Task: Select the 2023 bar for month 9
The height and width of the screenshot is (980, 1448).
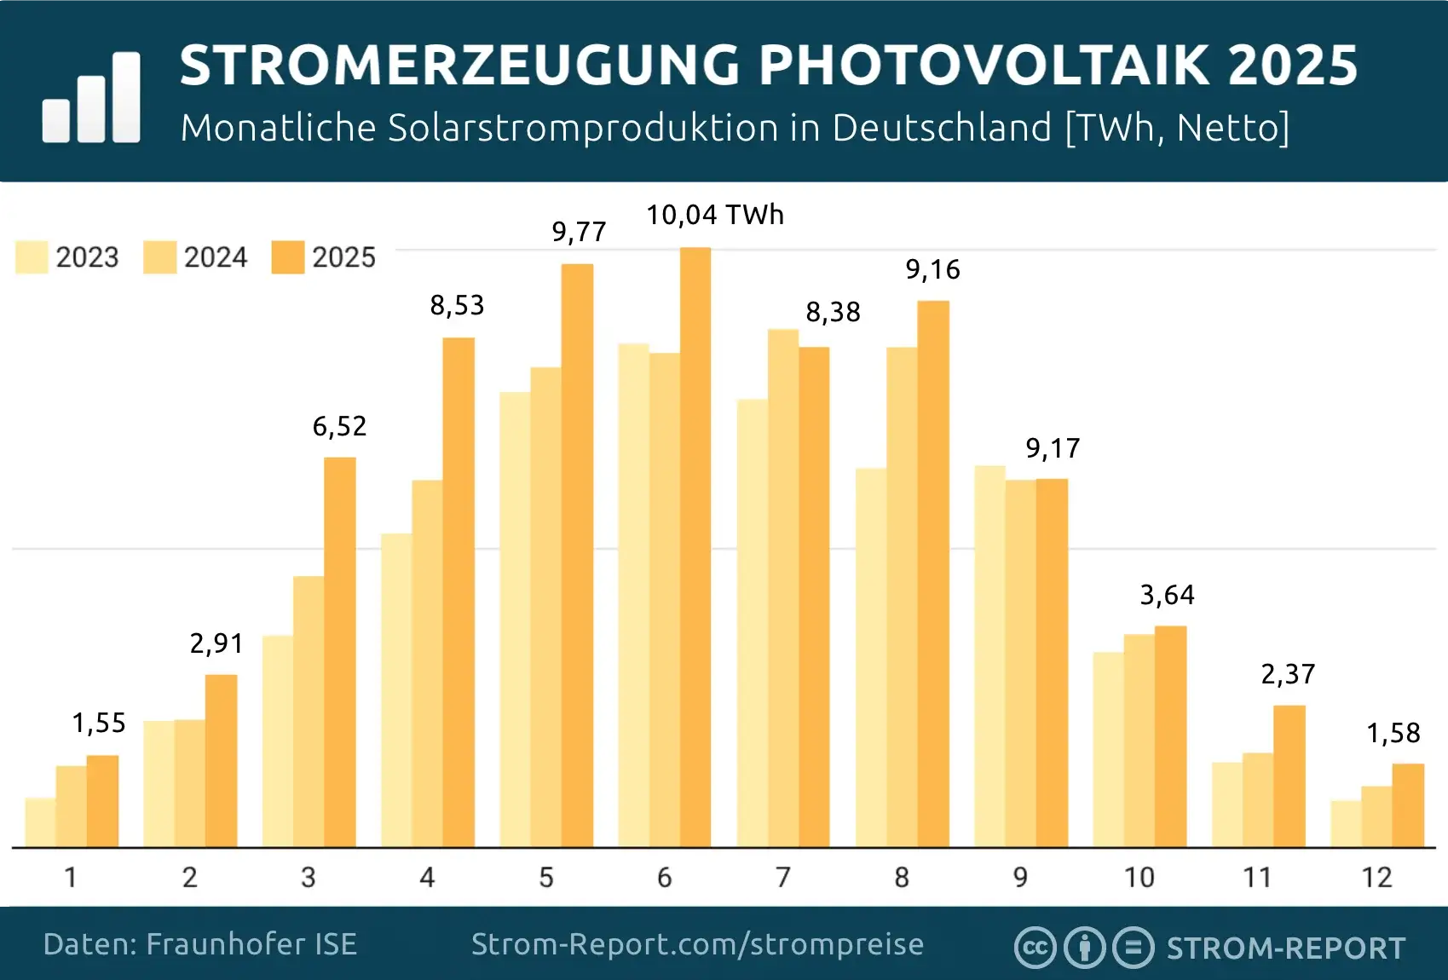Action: coord(989,656)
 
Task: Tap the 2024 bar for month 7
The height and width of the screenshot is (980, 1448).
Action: coord(783,588)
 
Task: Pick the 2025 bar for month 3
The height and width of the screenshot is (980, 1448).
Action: coord(340,652)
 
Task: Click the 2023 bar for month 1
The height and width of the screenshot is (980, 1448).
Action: coord(40,822)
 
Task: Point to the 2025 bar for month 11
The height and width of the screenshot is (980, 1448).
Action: coord(1289,775)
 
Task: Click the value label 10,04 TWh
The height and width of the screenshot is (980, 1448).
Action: coord(714,215)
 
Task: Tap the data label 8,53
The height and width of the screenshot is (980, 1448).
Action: coord(457,305)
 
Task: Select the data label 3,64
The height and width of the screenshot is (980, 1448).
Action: coord(1167,595)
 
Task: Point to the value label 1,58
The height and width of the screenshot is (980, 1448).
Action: coord(1393,733)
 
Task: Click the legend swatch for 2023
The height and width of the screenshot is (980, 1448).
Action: coord(32,257)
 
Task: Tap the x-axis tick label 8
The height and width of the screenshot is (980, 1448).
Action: coord(902,877)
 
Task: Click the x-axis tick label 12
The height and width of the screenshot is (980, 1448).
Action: coord(1376,877)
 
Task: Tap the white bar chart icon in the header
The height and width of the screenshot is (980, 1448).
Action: coord(91,98)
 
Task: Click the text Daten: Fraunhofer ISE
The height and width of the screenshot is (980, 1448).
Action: coord(199,944)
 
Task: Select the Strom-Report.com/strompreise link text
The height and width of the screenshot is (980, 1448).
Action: coord(697,944)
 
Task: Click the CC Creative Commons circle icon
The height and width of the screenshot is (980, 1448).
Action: coord(1035,948)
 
